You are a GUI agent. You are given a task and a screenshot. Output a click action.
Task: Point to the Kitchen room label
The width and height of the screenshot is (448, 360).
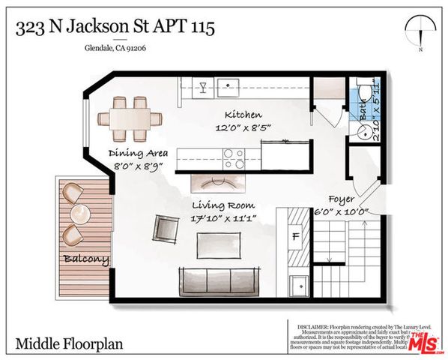tap(243, 115)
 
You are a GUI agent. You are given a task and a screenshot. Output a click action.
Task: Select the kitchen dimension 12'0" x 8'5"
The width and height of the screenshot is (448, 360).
tap(243, 128)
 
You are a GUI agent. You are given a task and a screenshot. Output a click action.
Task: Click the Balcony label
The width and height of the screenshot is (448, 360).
tap(85, 260)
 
